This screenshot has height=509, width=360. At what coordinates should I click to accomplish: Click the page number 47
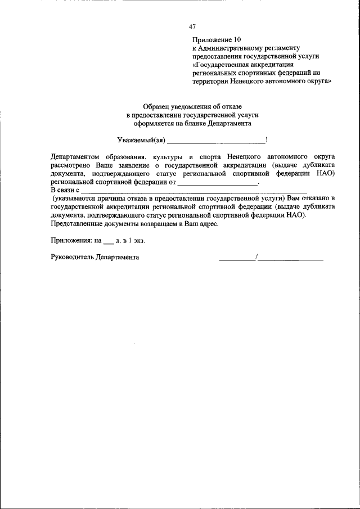click(192, 26)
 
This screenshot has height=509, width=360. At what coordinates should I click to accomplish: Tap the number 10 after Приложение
click(237, 40)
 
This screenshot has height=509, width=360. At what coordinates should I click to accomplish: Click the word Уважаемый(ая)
click(141, 139)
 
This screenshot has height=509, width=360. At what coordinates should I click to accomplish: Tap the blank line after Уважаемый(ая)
click(216, 141)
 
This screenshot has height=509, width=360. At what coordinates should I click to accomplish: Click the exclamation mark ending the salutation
click(267, 139)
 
